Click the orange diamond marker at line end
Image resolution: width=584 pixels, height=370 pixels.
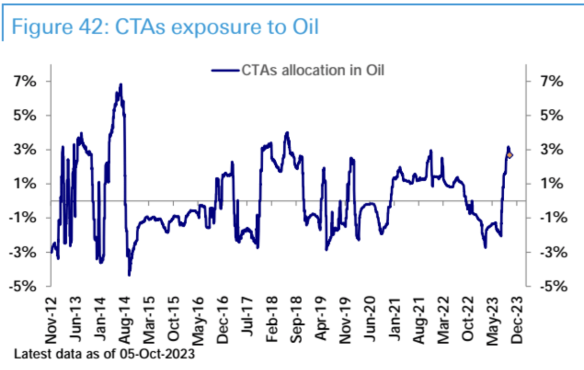(510, 155)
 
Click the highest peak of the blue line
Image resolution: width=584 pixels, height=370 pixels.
(121, 84)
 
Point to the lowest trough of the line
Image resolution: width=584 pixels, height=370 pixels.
(129, 275)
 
